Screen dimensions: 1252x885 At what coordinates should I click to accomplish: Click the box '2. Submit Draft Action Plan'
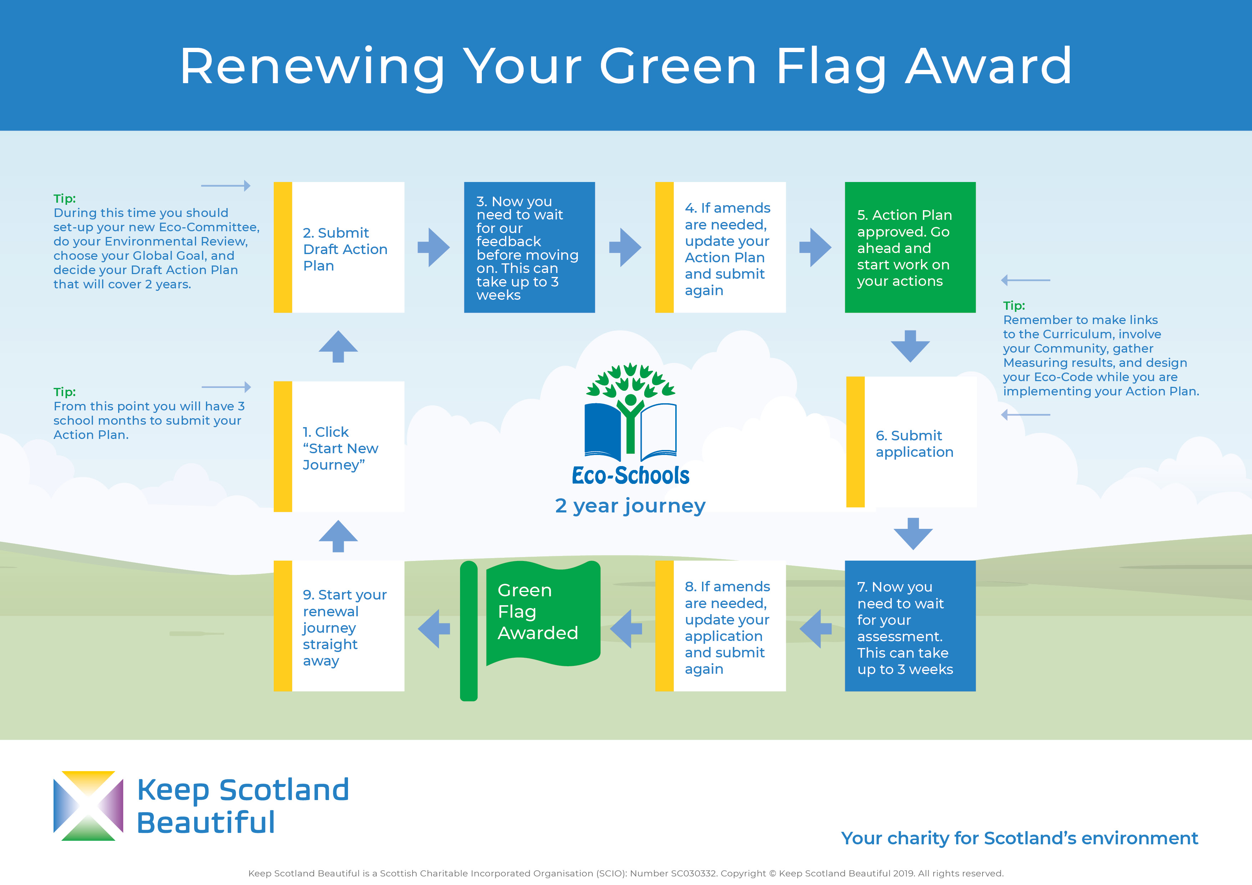click(339, 247)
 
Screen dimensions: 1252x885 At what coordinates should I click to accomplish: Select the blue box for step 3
click(529, 247)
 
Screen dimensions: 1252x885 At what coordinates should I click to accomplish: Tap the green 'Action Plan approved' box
click(910, 247)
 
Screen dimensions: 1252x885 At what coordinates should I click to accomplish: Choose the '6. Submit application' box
click(911, 442)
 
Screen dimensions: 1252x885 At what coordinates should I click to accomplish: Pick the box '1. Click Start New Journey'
click(339, 446)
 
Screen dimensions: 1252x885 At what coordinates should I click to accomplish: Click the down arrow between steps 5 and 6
click(910, 346)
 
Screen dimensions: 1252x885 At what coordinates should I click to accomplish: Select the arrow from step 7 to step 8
click(816, 629)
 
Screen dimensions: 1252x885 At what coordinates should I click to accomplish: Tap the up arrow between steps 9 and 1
click(338, 536)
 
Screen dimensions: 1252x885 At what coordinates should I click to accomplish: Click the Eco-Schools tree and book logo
click(630, 424)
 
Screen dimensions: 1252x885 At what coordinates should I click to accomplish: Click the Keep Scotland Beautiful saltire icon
click(89, 805)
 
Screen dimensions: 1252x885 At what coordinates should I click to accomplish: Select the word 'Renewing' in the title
click(312, 67)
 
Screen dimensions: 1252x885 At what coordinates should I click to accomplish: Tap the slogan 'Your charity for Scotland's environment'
click(1019, 838)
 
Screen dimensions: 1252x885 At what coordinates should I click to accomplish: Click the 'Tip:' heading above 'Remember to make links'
click(1014, 305)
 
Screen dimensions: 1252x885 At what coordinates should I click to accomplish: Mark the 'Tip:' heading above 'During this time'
click(64, 198)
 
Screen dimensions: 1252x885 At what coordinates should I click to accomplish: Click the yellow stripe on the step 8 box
click(664, 626)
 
